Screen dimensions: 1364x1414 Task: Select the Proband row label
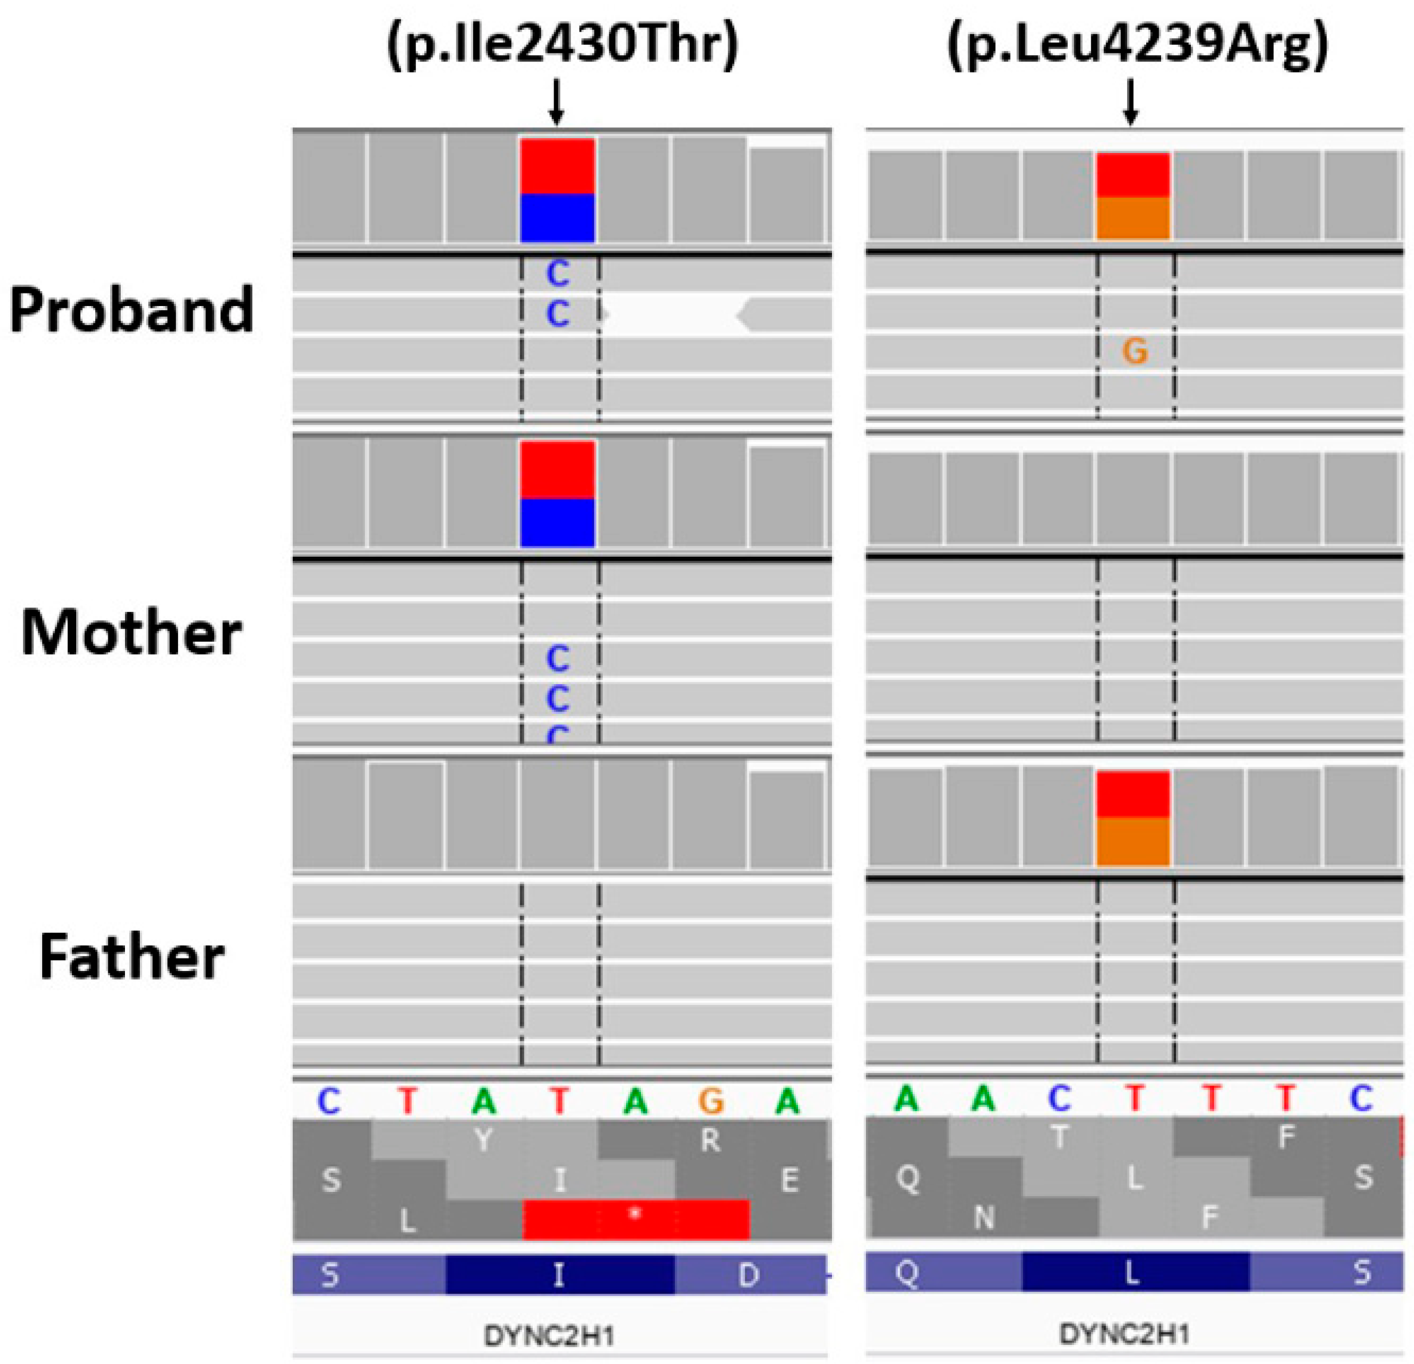click(x=132, y=310)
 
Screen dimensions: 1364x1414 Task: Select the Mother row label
click(x=132, y=633)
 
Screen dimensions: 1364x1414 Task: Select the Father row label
click(x=132, y=957)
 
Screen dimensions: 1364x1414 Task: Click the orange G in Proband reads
click(x=1135, y=352)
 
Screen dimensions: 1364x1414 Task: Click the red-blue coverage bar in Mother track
click(x=558, y=494)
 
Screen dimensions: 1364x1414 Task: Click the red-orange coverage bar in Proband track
click(x=1133, y=195)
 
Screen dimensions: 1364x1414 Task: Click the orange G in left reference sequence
click(x=711, y=1101)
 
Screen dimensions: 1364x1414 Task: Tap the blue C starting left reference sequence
click(x=329, y=1101)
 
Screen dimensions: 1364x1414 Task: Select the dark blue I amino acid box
click(x=560, y=1275)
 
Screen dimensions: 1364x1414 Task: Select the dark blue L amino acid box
click(x=1135, y=1274)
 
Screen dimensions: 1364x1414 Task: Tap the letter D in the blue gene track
click(x=749, y=1275)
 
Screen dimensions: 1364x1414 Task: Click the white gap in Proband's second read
click(x=672, y=316)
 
